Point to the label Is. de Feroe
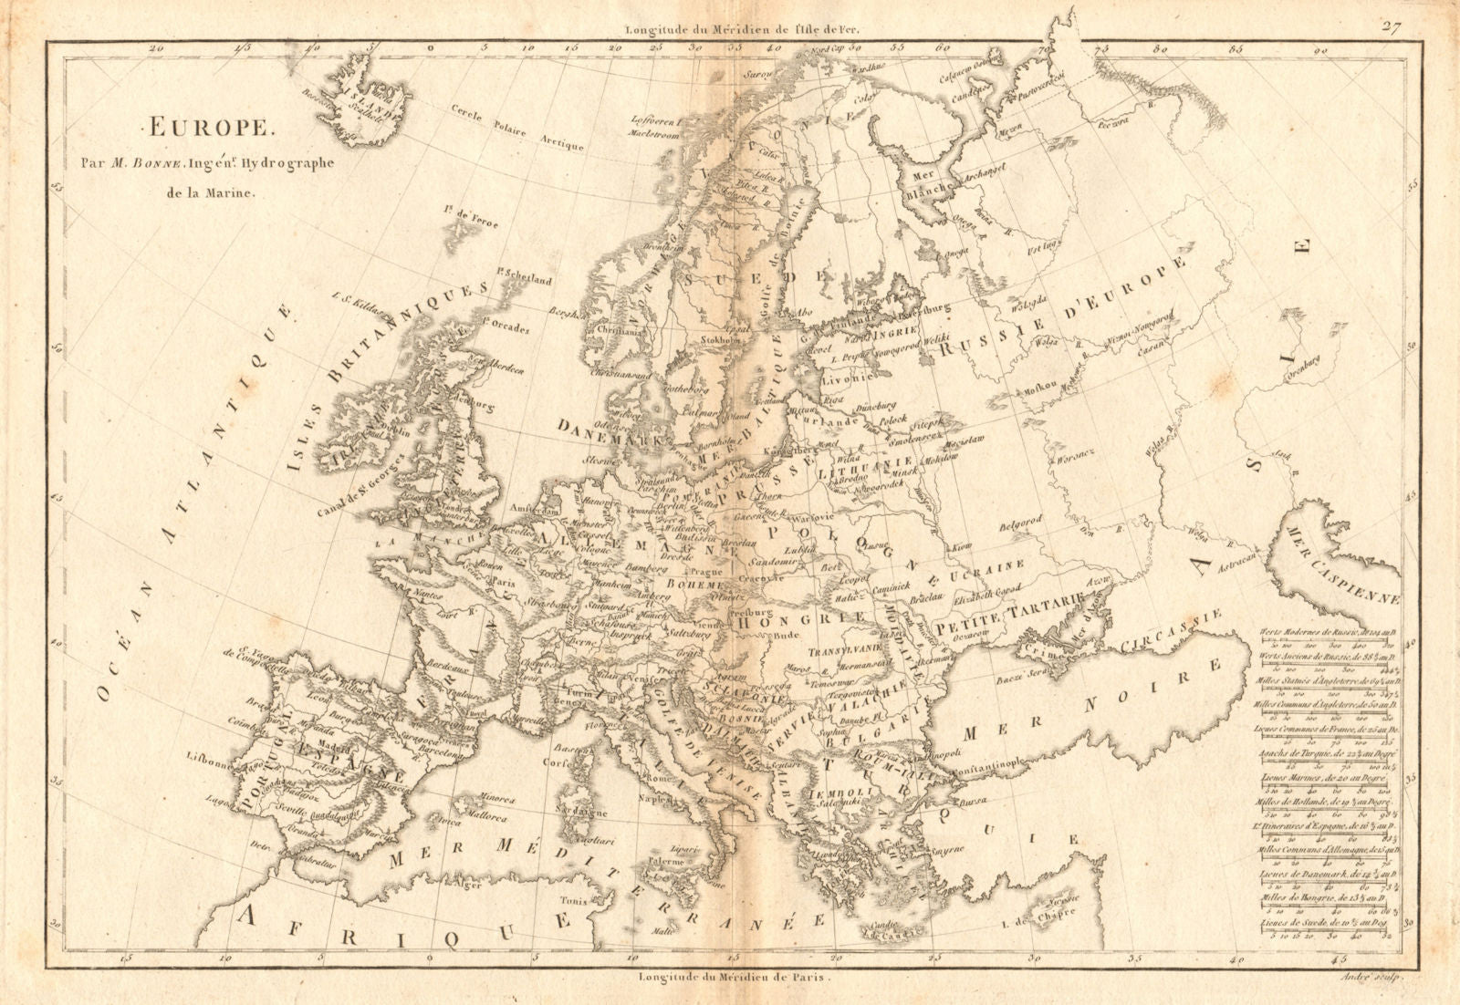click(x=472, y=217)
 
